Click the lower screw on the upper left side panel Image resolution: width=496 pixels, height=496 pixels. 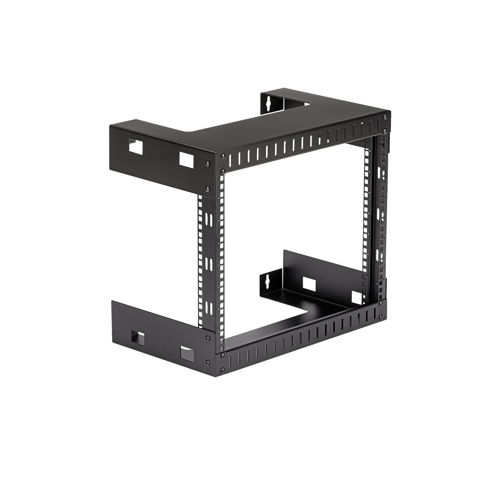pos(207,189)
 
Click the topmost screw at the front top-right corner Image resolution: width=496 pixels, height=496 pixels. pos(384,117)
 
